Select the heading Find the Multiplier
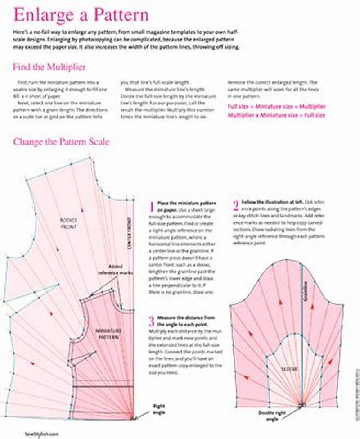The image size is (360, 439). [x=49, y=67]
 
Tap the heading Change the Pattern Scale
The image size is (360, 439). [x=61, y=141]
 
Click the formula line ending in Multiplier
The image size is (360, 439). [x=277, y=107]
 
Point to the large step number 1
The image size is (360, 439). [x=152, y=207]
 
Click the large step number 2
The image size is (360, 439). [x=235, y=206]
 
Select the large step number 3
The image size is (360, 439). [x=152, y=321]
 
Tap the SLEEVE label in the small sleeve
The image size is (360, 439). [x=290, y=369]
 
